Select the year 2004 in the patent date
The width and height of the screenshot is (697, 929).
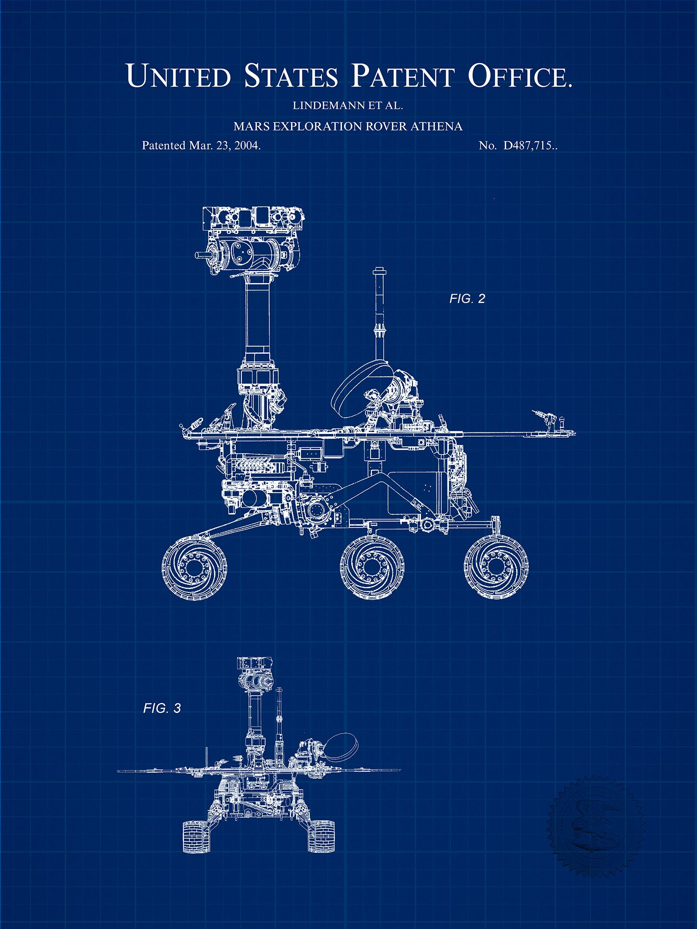[x=247, y=145]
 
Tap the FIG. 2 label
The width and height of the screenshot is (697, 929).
[x=467, y=299]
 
